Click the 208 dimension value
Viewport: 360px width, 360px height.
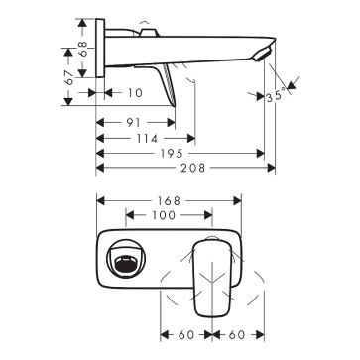(x=193, y=168)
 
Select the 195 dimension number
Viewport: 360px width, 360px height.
(x=173, y=154)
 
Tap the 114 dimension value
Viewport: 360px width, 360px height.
(x=147, y=139)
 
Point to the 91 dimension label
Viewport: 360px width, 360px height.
(x=133, y=123)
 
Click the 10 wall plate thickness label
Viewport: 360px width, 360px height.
(x=135, y=93)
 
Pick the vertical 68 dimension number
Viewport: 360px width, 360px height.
(x=83, y=49)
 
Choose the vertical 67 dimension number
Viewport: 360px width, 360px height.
(x=69, y=78)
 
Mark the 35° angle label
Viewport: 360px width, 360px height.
(x=276, y=96)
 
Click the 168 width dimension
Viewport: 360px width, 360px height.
(x=169, y=200)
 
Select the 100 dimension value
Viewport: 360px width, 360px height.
(x=164, y=215)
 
